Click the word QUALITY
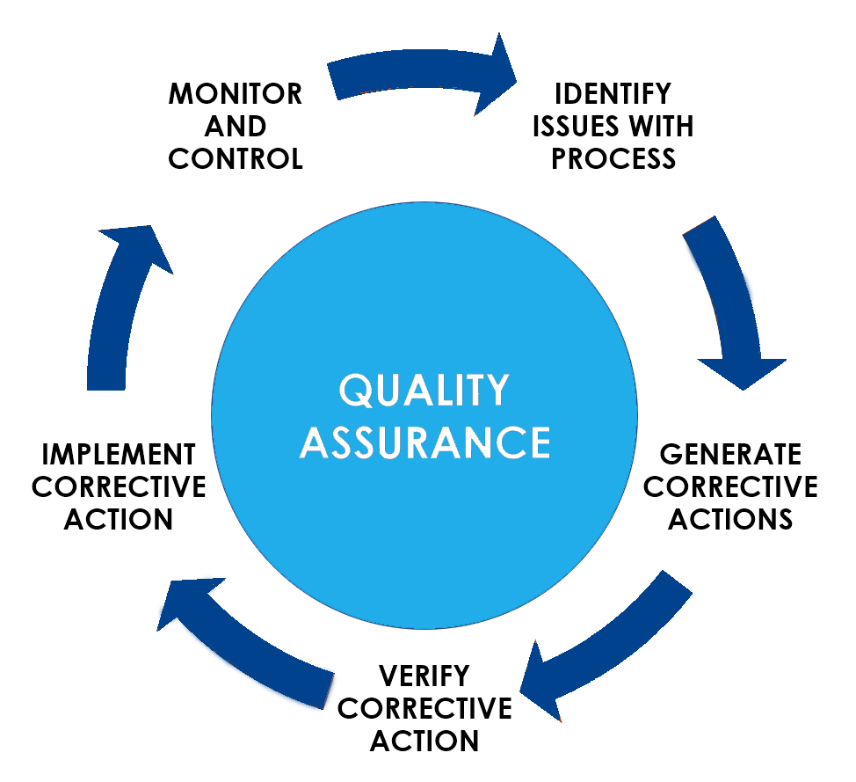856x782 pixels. point(424,391)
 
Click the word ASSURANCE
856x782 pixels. point(424,442)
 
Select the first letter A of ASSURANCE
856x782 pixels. point(313,442)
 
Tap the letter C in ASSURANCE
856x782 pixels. point(509,442)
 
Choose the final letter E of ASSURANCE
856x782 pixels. point(539,442)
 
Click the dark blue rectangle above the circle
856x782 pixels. point(421,73)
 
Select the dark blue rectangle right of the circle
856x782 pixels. point(735,302)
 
